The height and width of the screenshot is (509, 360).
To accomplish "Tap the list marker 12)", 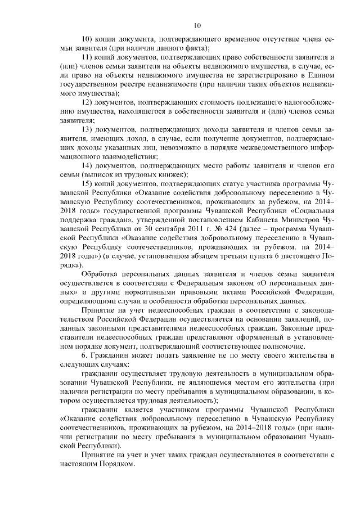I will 88,102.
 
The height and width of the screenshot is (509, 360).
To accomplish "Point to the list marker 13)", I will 88,129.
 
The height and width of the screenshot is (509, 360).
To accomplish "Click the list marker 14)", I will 88,165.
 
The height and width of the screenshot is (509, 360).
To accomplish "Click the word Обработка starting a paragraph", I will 102,273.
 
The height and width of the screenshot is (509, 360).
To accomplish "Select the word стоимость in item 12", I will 222,102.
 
